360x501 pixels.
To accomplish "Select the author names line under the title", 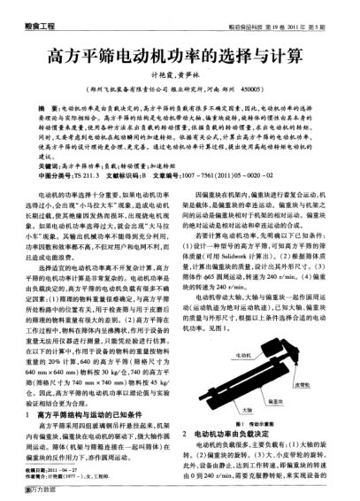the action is [x=180, y=77].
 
